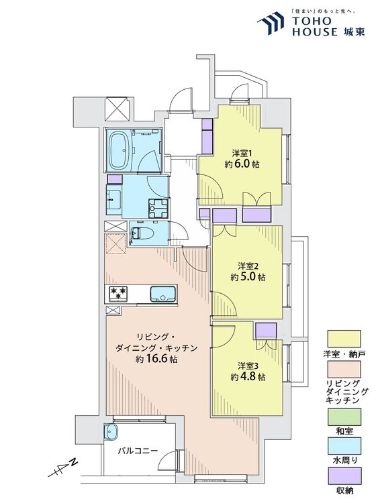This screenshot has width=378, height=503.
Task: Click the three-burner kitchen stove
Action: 119,293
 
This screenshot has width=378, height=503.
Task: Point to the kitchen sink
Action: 162,294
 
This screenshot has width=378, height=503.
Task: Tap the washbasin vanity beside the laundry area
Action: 114,199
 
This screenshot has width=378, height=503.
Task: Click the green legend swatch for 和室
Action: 344,418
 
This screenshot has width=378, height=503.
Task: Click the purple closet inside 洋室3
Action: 266,329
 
